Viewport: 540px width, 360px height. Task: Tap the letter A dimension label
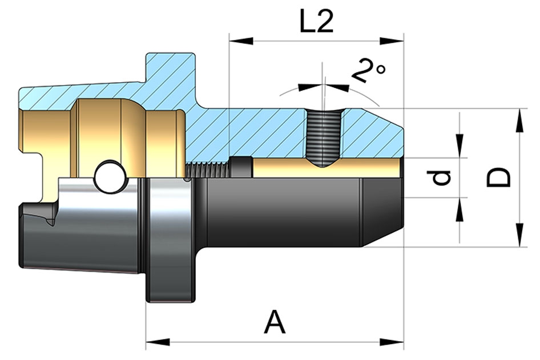[275, 323]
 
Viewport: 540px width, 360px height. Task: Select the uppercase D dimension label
[499, 177]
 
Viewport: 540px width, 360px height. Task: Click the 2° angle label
[368, 70]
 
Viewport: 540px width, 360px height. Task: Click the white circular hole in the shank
[109, 177]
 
